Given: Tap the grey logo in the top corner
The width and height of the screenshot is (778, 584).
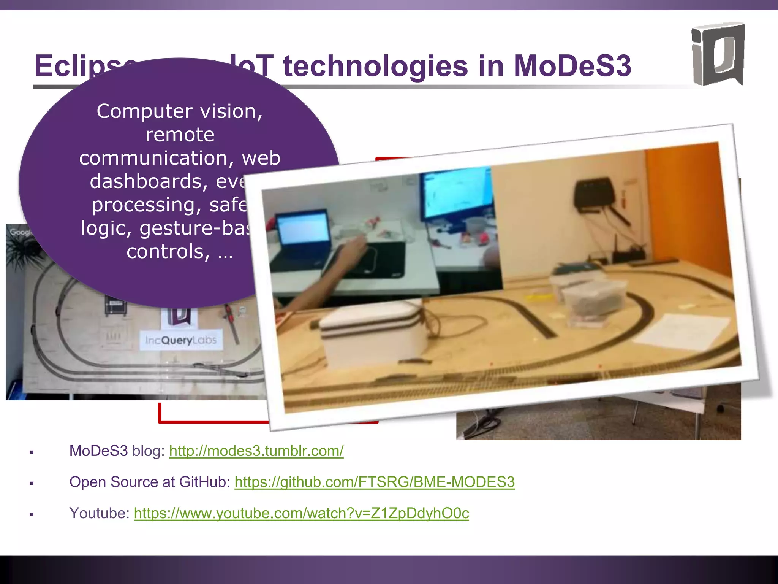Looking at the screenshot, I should (x=717, y=54).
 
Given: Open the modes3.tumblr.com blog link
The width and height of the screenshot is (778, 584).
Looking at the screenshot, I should (x=256, y=451).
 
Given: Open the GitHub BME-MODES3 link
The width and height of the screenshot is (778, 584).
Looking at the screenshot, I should (x=375, y=482).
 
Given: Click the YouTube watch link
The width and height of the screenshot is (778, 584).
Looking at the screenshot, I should (x=301, y=513).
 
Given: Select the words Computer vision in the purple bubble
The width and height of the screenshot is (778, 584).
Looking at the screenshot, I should (x=179, y=111).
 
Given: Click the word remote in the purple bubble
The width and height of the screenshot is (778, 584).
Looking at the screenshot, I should (x=180, y=135).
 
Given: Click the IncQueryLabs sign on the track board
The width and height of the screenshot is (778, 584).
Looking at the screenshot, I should (x=181, y=340).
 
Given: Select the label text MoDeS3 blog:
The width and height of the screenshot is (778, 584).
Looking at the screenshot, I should (x=117, y=451).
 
